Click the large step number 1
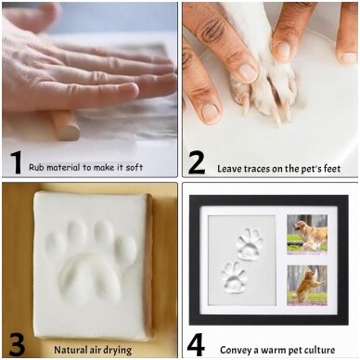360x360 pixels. click(16, 162)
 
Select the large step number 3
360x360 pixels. click(17, 344)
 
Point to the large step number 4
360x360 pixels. click(196, 345)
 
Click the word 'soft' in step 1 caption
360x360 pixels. click(135, 167)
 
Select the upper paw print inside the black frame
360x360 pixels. click(248, 244)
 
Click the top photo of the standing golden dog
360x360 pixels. click(307, 235)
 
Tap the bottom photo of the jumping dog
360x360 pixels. click(307, 285)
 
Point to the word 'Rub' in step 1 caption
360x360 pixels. click(35, 167)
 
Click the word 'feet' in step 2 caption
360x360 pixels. click(331, 169)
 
